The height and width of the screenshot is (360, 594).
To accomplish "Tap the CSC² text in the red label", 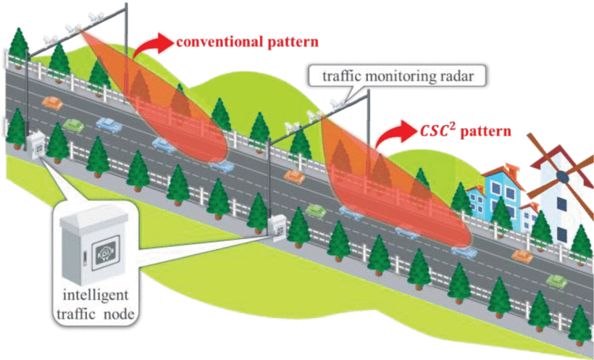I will pos(438,133).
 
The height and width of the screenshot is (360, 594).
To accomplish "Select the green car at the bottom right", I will pos(555,280).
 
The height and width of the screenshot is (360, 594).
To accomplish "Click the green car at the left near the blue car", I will pos(73,125).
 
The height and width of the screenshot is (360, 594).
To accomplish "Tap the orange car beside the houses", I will pos(521,255).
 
